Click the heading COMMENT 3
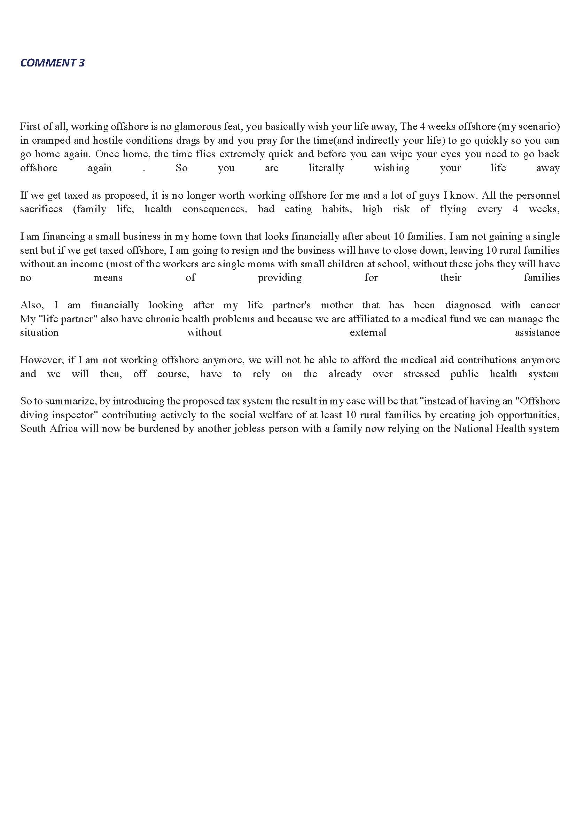click(x=53, y=63)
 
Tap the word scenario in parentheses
click(x=536, y=127)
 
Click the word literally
click(x=326, y=168)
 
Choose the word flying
click(x=453, y=209)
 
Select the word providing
click(x=280, y=278)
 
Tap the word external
click(x=368, y=333)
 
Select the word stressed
click(x=421, y=374)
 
